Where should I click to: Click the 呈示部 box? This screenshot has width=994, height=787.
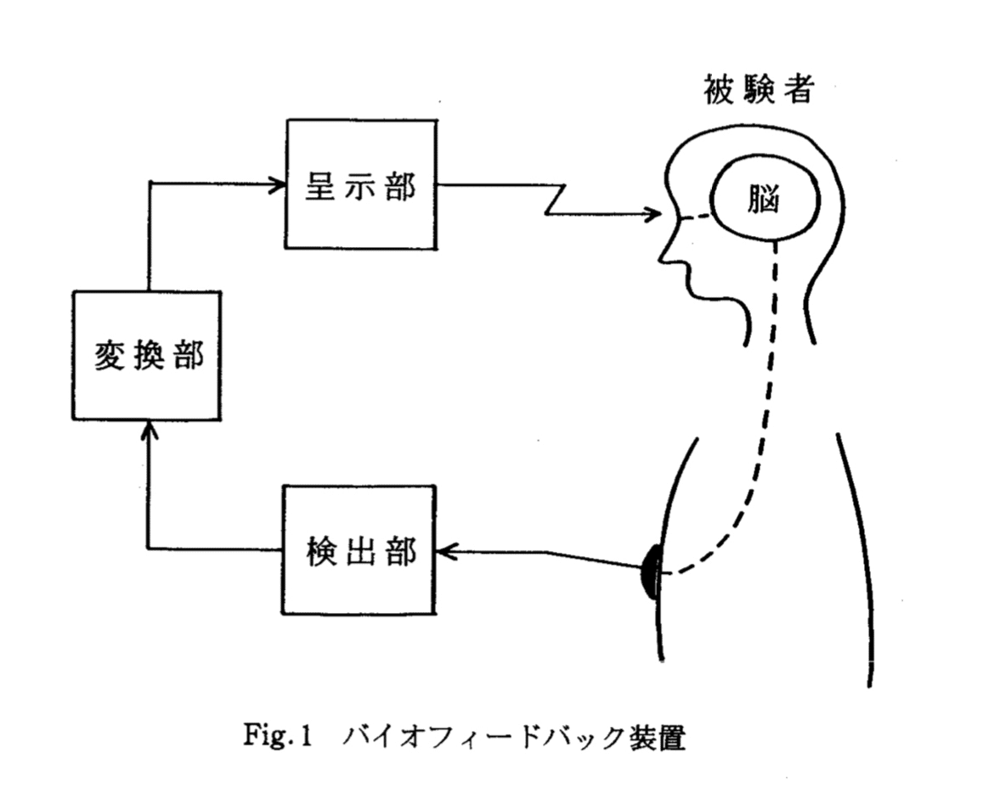(361, 185)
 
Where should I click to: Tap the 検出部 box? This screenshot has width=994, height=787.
(360, 550)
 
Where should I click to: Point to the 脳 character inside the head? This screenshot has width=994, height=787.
(765, 203)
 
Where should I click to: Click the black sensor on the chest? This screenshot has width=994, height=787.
(651, 572)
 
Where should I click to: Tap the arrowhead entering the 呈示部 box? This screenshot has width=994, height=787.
(279, 183)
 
